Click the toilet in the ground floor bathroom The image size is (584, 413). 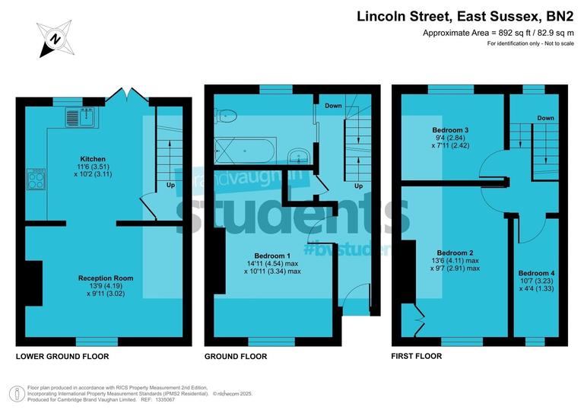[227, 116]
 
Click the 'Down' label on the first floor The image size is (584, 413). [544, 119]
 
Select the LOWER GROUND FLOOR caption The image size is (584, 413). [62, 356]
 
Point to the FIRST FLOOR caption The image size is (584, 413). [416, 356]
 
